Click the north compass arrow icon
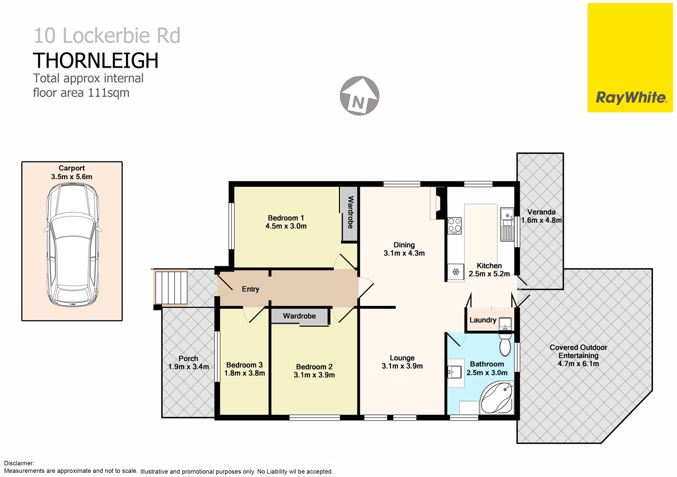pyautogui.click(x=359, y=96)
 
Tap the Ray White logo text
pyautogui.click(x=631, y=97)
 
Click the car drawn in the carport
pyautogui.click(x=72, y=245)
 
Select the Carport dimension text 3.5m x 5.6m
pyautogui.click(x=72, y=177)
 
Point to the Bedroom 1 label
pyautogui.click(x=286, y=218)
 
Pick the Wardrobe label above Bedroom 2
pyautogui.click(x=299, y=316)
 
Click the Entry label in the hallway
pyautogui.click(x=250, y=289)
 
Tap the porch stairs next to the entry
pyautogui.click(x=171, y=287)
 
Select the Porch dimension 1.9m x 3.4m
pyautogui.click(x=188, y=367)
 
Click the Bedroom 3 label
pyautogui.click(x=244, y=365)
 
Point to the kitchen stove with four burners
pyautogui.click(x=454, y=226)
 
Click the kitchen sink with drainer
pyautogui.click(x=507, y=224)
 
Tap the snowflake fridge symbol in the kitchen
pyautogui.click(x=456, y=272)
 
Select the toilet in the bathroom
pyautogui.click(x=505, y=345)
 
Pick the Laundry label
pyautogui.click(x=482, y=320)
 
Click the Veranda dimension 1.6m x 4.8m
pyautogui.click(x=541, y=220)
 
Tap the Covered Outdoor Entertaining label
pyautogui.click(x=578, y=352)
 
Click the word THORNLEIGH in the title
pyautogui.click(x=96, y=61)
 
